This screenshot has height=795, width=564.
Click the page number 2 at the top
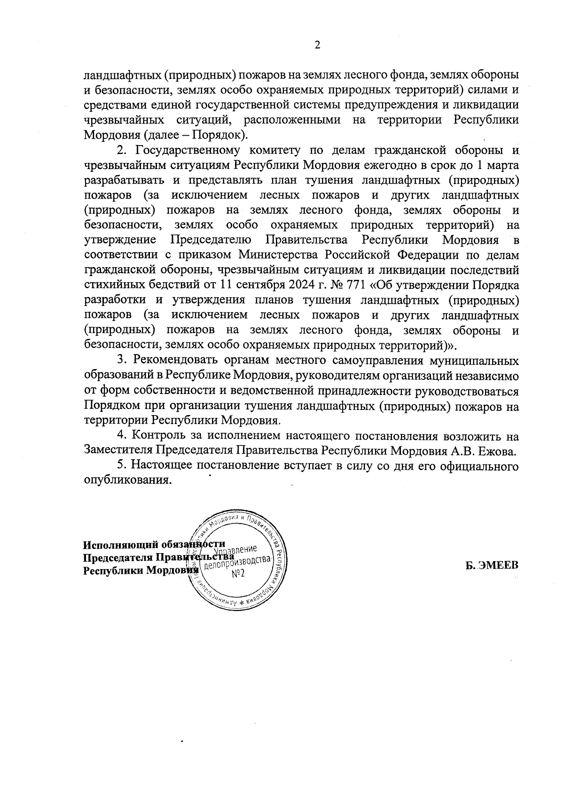point(317,45)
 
